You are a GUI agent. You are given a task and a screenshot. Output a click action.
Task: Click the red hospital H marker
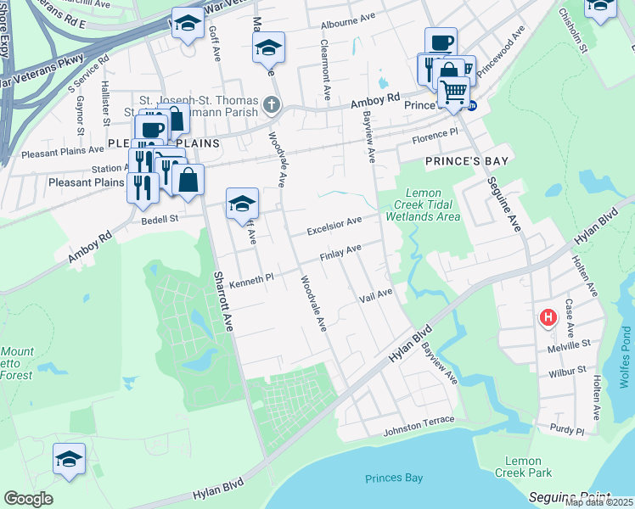[548, 318]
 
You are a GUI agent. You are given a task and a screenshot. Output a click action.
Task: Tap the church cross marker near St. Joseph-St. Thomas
[271, 105]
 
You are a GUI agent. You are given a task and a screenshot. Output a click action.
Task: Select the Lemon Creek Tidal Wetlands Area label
[423, 204]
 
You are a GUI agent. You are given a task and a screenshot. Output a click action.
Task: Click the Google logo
[28, 498]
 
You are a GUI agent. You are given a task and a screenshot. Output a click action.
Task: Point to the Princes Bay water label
[394, 478]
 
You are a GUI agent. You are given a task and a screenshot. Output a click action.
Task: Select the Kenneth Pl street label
[252, 277]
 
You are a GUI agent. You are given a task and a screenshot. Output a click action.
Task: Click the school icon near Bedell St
[242, 204]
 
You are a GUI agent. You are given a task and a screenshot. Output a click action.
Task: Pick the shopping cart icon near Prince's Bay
[453, 91]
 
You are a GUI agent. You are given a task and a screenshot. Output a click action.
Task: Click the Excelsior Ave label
[334, 226]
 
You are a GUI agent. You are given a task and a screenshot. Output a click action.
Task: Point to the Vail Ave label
[375, 294]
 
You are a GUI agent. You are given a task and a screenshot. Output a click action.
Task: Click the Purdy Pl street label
[567, 431]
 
